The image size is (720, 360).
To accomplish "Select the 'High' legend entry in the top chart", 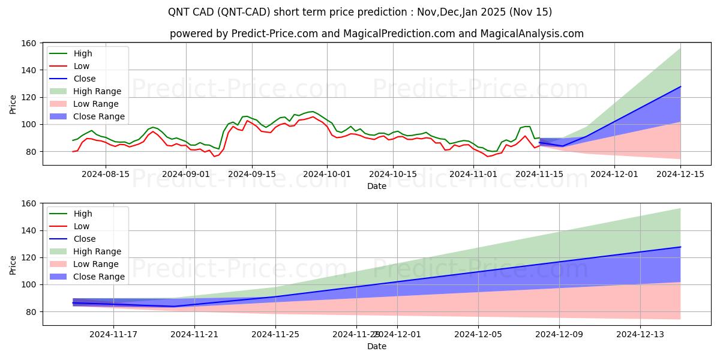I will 83,53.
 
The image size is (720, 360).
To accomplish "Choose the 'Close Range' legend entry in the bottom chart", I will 99,277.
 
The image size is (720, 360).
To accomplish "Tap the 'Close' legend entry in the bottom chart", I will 84,239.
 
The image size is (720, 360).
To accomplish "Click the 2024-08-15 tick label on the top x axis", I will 106,174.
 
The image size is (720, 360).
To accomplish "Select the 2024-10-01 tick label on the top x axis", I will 327,174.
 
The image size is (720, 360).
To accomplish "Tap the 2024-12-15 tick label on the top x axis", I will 680,174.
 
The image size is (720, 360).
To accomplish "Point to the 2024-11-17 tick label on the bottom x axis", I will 114,334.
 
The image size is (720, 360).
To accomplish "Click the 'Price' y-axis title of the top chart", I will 13,104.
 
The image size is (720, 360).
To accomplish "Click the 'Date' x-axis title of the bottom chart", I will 376,346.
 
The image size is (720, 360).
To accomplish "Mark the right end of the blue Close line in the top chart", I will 680,86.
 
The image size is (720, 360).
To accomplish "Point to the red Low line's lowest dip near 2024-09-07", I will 214,157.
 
